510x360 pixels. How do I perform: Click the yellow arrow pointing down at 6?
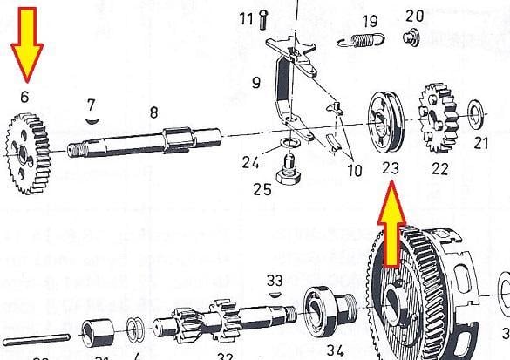pos(25,44)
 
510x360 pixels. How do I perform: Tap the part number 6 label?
pos(24,99)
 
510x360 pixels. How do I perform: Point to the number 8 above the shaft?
pos(153,112)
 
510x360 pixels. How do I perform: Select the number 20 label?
pos(414,16)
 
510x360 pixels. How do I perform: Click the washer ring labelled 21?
pos(476,112)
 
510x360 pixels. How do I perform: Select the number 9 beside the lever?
pos(256,84)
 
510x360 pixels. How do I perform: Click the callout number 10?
pos(354,171)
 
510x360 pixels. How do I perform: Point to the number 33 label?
pos(275,281)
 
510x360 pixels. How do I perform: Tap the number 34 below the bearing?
pos(334,351)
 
